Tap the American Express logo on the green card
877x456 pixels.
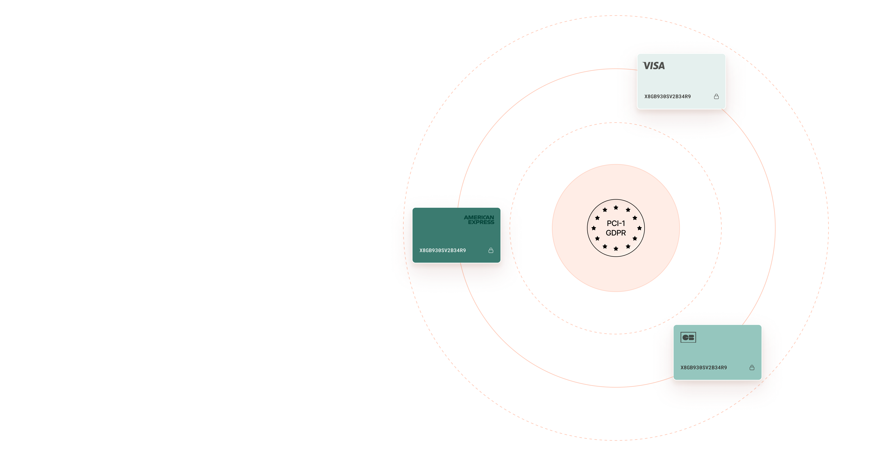point(479,220)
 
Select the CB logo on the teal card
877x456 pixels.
point(688,337)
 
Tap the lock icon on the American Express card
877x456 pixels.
point(491,250)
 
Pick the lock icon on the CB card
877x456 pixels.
point(752,368)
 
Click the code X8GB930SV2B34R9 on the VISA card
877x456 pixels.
point(667,97)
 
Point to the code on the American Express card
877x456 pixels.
point(443,250)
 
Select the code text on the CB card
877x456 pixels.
point(703,368)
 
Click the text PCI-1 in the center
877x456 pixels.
point(616,223)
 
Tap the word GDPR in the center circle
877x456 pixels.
point(616,233)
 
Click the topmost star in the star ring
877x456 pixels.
point(616,207)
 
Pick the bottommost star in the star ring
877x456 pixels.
point(616,249)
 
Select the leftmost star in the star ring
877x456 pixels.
point(594,228)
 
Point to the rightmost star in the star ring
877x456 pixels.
point(639,228)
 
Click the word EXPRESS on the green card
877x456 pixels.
point(481,222)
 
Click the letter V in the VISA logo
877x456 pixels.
point(646,66)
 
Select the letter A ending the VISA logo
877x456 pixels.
point(661,66)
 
